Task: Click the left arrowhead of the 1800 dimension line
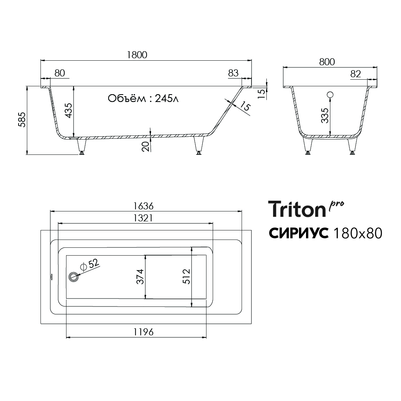[x=43, y=61]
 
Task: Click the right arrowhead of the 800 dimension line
[x=375, y=68]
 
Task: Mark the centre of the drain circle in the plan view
[x=74, y=277]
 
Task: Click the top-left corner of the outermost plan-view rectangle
[x=41, y=230]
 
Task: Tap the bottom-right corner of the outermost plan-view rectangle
[x=252, y=324]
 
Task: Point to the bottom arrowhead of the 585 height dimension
[x=27, y=153]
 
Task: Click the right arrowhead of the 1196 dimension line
[x=204, y=337]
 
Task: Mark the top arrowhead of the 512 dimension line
[x=192, y=249]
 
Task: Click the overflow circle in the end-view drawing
[x=330, y=95]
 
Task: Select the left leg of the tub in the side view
[x=82, y=146]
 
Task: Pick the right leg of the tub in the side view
[x=199, y=145]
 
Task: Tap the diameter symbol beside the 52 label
[x=83, y=267]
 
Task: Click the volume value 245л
[x=166, y=98]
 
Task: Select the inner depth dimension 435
[x=69, y=111]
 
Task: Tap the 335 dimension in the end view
[x=325, y=116]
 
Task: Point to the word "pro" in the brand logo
[x=336, y=206]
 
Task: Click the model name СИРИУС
[x=299, y=233]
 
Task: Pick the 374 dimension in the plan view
[x=140, y=277]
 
